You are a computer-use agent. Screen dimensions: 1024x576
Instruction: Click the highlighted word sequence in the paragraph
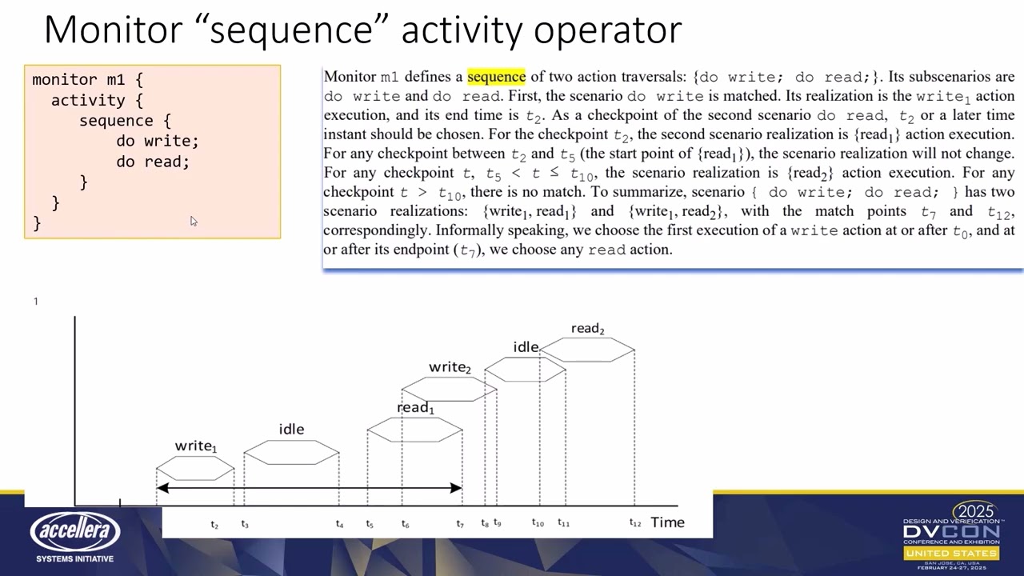point(496,76)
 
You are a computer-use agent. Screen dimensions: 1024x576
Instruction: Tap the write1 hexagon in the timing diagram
point(195,468)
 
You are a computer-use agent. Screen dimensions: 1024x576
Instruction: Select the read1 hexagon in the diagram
point(414,430)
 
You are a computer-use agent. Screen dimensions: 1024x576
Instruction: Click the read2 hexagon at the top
point(587,350)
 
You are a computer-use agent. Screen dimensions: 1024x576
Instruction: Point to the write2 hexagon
point(450,389)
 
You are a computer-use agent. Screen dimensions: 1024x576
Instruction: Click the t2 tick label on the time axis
point(214,524)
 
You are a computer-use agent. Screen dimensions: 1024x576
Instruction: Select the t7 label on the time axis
point(460,524)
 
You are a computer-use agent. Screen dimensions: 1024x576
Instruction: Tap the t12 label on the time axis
point(635,522)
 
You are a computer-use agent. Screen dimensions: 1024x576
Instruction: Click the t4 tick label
point(339,524)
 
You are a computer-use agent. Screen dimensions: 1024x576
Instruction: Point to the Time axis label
point(667,522)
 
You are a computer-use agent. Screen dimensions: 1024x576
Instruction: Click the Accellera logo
point(75,531)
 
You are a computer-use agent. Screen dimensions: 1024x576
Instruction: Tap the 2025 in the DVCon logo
point(975,511)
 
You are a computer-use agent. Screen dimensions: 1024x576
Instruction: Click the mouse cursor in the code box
point(194,222)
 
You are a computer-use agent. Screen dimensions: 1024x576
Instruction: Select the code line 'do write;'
point(158,141)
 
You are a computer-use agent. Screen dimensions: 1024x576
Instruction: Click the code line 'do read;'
point(153,162)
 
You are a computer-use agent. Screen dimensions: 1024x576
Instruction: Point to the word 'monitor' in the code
point(65,79)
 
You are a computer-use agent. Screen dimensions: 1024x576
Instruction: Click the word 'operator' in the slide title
point(607,30)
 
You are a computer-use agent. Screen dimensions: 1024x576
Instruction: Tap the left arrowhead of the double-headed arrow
point(162,488)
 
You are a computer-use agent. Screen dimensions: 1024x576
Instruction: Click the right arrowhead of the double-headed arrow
point(456,488)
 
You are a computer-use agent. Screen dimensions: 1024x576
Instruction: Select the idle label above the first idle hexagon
point(291,430)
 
